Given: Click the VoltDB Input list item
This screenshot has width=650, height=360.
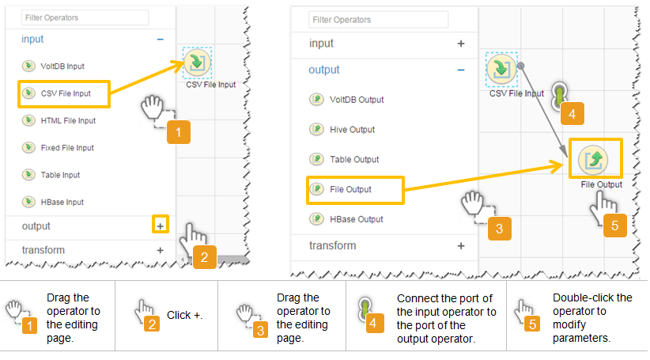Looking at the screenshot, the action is (x=53, y=66).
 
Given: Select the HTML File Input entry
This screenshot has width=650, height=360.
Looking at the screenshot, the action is (x=59, y=121).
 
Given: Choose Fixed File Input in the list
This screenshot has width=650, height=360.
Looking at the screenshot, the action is (x=58, y=148).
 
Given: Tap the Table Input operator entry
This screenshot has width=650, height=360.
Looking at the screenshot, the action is (x=51, y=175).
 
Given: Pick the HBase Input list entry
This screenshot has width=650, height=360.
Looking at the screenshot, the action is (x=53, y=202).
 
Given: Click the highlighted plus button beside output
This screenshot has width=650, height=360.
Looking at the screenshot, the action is (x=160, y=225).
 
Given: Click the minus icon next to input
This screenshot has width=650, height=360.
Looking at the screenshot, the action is (x=160, y=40).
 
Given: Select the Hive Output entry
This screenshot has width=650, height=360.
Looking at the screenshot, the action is (x=342, y=130).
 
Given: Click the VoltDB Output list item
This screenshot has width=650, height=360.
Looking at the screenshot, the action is (x=347, y=100).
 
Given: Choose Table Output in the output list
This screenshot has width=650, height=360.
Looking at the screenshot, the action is (x=345, y=159).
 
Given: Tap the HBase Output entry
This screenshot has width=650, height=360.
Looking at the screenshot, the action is (x=346, y=219).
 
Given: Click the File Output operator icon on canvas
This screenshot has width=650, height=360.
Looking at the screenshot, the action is (x=593, y=160).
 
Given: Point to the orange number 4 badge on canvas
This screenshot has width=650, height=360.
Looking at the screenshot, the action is (x=572, y=114).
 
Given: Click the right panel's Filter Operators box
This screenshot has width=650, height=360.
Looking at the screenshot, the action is (x=378, y=20).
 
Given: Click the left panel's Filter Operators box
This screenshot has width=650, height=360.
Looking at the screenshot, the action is (x=85, y=18).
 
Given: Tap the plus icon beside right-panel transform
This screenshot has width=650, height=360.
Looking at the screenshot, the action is (x=461, y=246).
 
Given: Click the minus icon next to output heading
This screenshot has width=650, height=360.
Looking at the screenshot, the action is (x=461, y=70).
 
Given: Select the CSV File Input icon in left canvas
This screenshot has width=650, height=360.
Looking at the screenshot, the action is (x=198, y=63).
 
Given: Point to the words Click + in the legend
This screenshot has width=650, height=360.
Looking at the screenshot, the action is (x=184, y=315).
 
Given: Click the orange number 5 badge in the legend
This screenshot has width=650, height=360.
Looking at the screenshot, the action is (x=532, y=324).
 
